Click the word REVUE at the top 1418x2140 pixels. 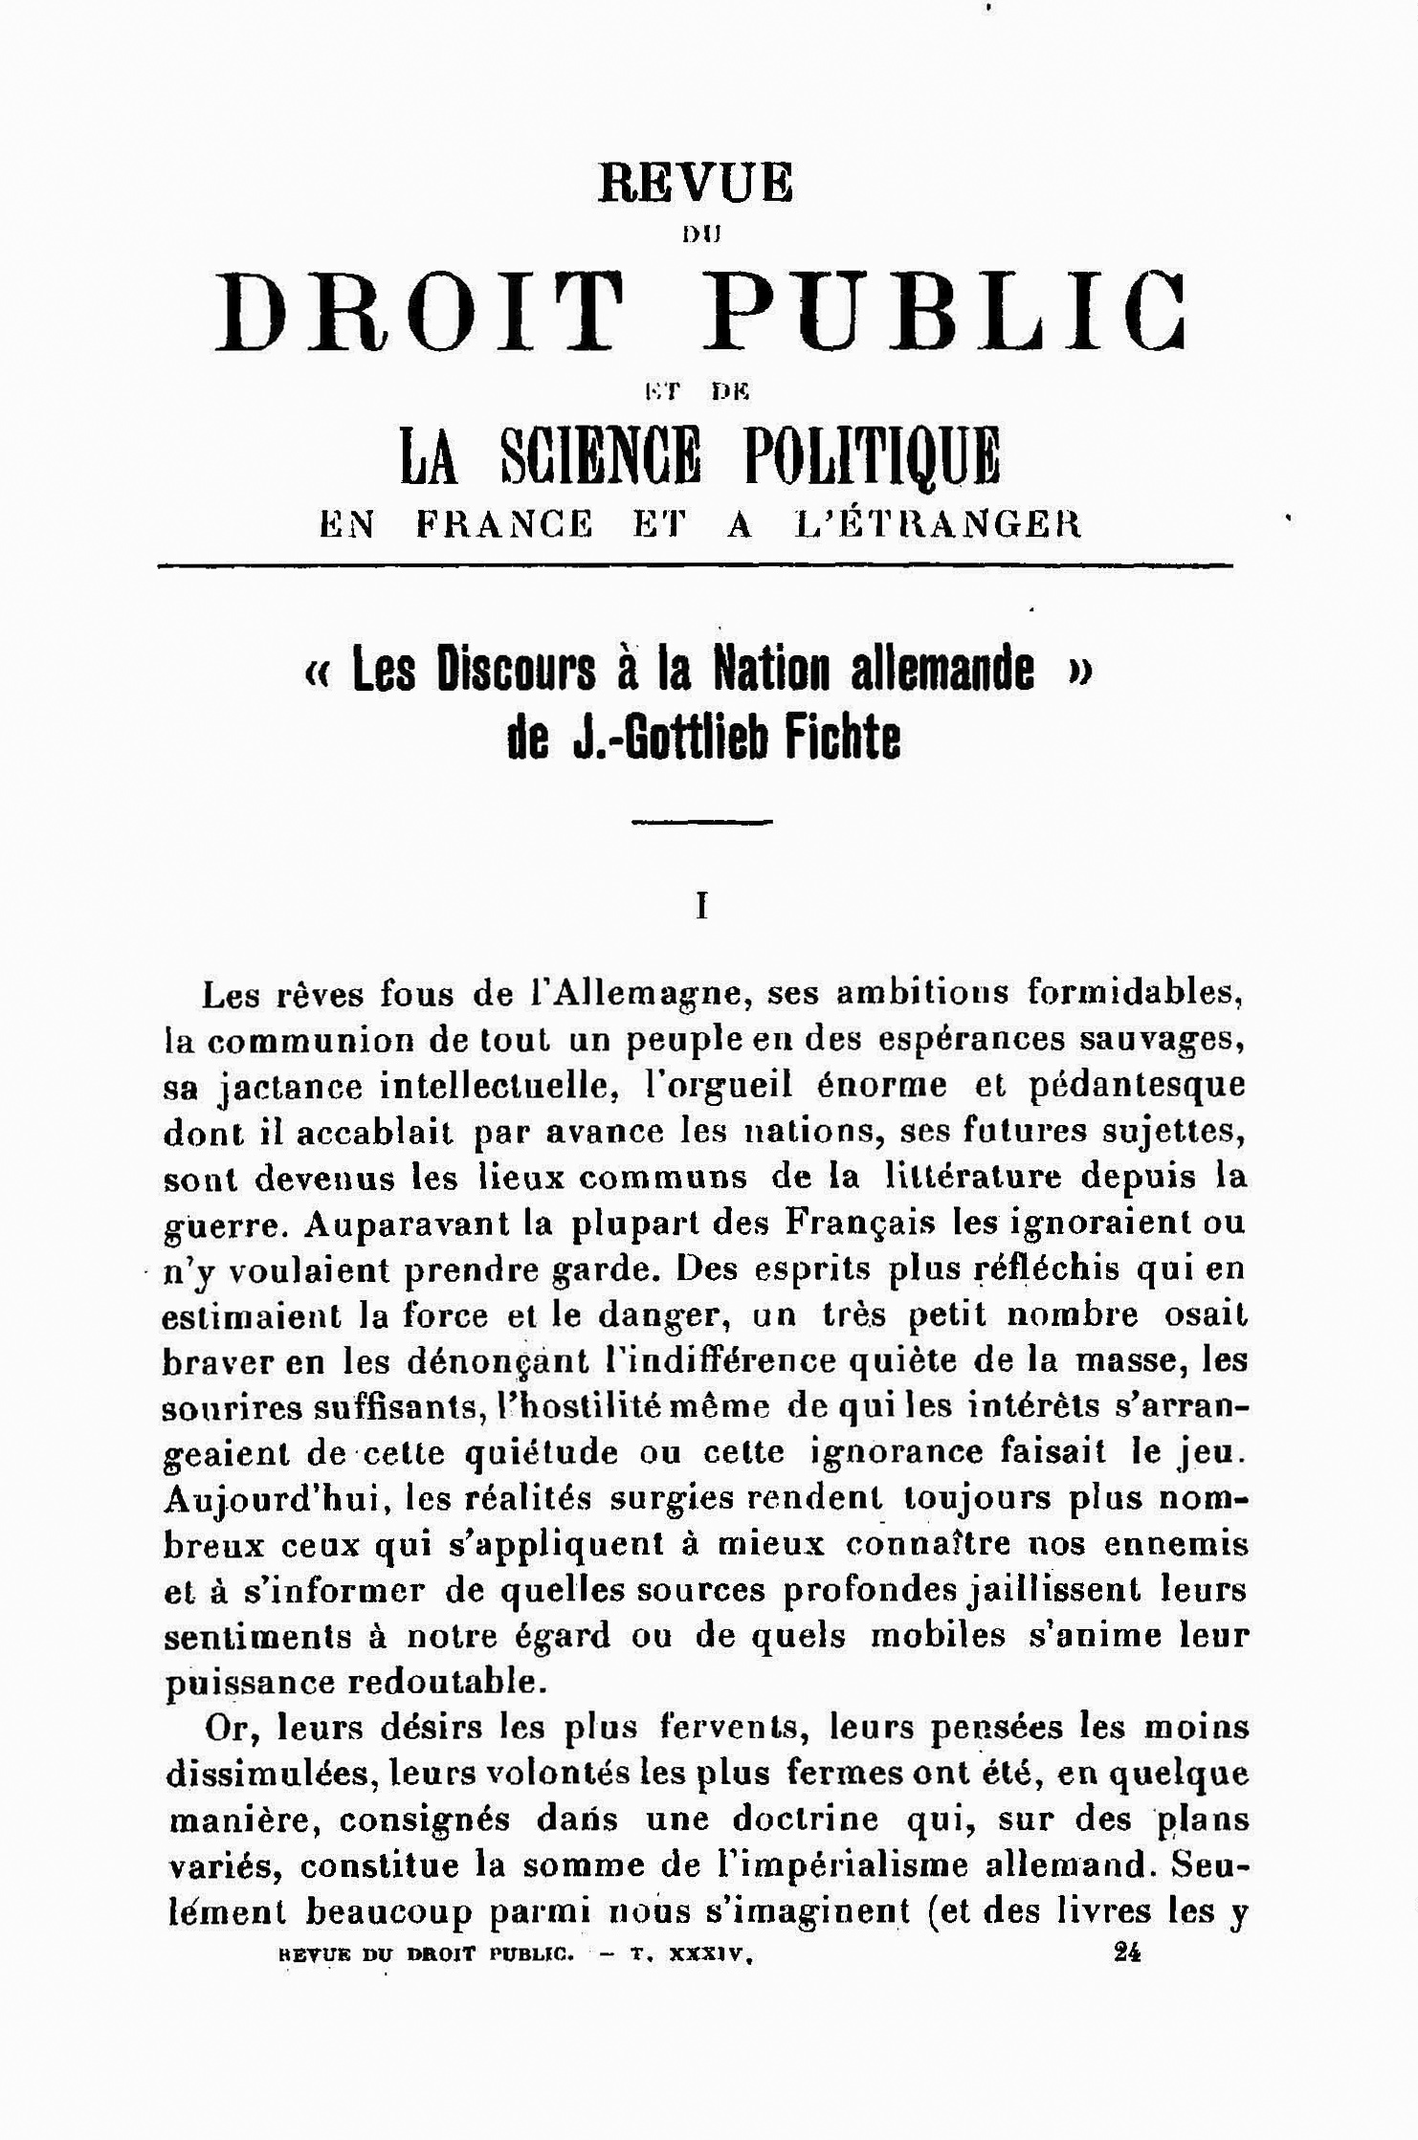coord(696,182)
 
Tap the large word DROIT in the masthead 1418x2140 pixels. coord(417,313)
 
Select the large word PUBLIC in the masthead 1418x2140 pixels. coord(946,313)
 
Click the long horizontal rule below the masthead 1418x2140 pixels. coord(695,566)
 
